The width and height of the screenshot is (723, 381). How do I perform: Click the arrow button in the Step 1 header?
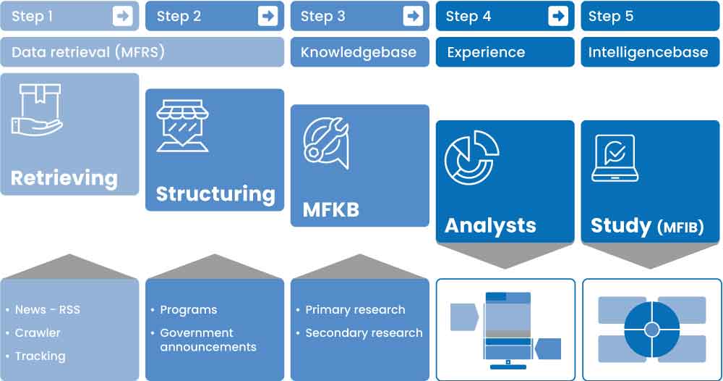point(123,16)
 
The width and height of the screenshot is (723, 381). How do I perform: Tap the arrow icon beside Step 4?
point(558,16)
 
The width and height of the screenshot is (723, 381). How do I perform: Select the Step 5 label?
point(611,17)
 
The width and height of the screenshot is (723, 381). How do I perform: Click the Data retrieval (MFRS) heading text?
point(88,52)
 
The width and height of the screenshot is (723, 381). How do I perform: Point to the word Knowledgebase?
point(359,52)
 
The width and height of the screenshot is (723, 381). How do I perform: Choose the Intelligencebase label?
point(649,52)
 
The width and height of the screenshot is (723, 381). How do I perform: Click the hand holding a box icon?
point(37,109)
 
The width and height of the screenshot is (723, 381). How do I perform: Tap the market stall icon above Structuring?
point(183,125)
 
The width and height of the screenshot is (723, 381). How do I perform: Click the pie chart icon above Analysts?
point(471,157)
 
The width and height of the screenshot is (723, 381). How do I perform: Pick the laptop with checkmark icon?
point(615,158)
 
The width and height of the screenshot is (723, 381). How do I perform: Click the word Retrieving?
point(64,178)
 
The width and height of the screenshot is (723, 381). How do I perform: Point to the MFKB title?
point(330,209)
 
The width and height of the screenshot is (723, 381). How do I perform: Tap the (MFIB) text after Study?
point(680,227)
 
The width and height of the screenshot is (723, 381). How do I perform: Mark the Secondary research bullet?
point(364,332)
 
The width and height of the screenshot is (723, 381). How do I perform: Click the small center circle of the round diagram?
point(652,330)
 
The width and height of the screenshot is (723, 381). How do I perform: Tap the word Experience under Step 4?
point(486,52)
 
